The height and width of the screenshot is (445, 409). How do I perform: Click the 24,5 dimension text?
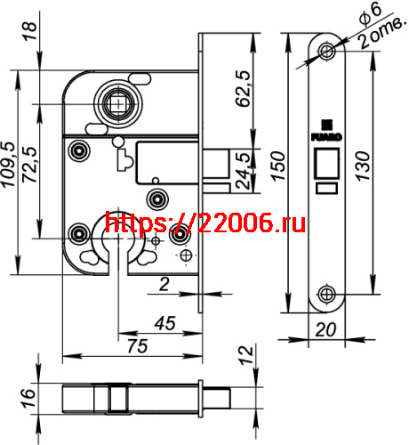(x=241, y=168)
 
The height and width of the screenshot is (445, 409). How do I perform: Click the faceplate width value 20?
(x=325, y=329)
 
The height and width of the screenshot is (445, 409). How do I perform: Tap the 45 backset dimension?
(x=163, y=324)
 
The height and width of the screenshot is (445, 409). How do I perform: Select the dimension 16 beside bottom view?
(x=27, y=394)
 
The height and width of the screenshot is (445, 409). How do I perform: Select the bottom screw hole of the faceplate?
(x=325, y=295)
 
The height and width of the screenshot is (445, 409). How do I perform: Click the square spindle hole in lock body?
(x=116, y=105)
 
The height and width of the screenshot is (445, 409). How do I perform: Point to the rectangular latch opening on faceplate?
(x=325, y=164)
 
